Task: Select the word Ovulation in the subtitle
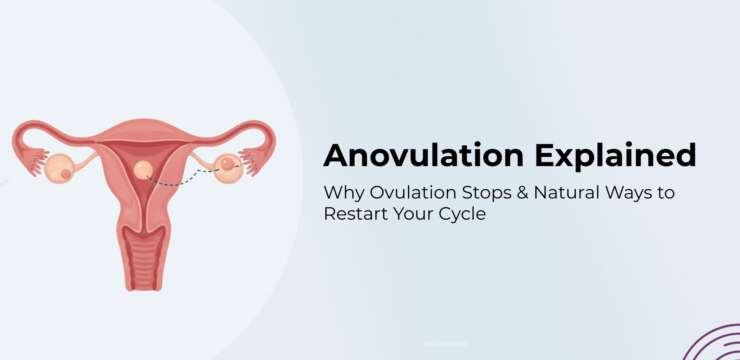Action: pyautogui.click(x=405, y=191)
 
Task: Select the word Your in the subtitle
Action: pyautogui.click(x=412, y=214)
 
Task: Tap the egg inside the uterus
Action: pyautogui.click(x=144, y=171)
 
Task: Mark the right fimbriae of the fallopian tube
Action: pyautogui.click(x=259, y=157)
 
